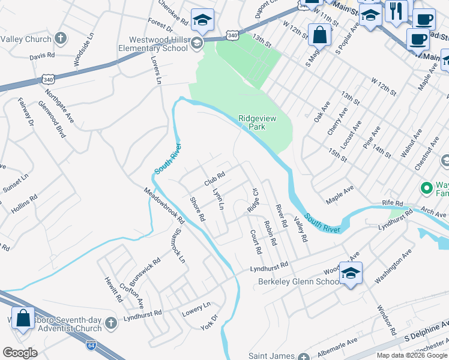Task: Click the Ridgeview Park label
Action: pyautogui.click(x=257, y=123)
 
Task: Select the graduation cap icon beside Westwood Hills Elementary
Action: pyautogui.click(x=202, y=21)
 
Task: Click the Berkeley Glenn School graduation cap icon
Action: pyautogui.click(x=350, y=274)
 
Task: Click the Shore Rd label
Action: pyautogui.click(x=197, y=209)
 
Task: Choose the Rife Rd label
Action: pyautogui.click(x=394, y=203)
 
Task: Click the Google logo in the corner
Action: pyautogui.click(x=20, y=352)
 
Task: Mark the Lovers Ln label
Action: pyautogui.click(x=157, y=71)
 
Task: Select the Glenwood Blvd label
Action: pyautogui.click(x=60, y=124)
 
